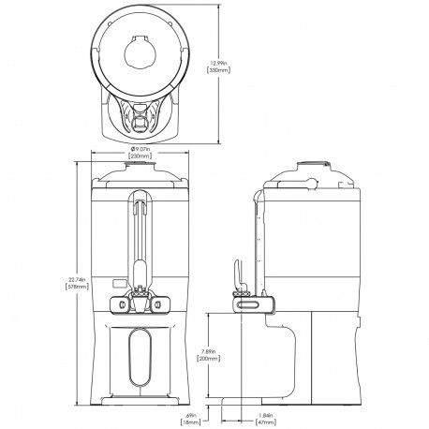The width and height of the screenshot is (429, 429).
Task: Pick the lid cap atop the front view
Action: (141, 168)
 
